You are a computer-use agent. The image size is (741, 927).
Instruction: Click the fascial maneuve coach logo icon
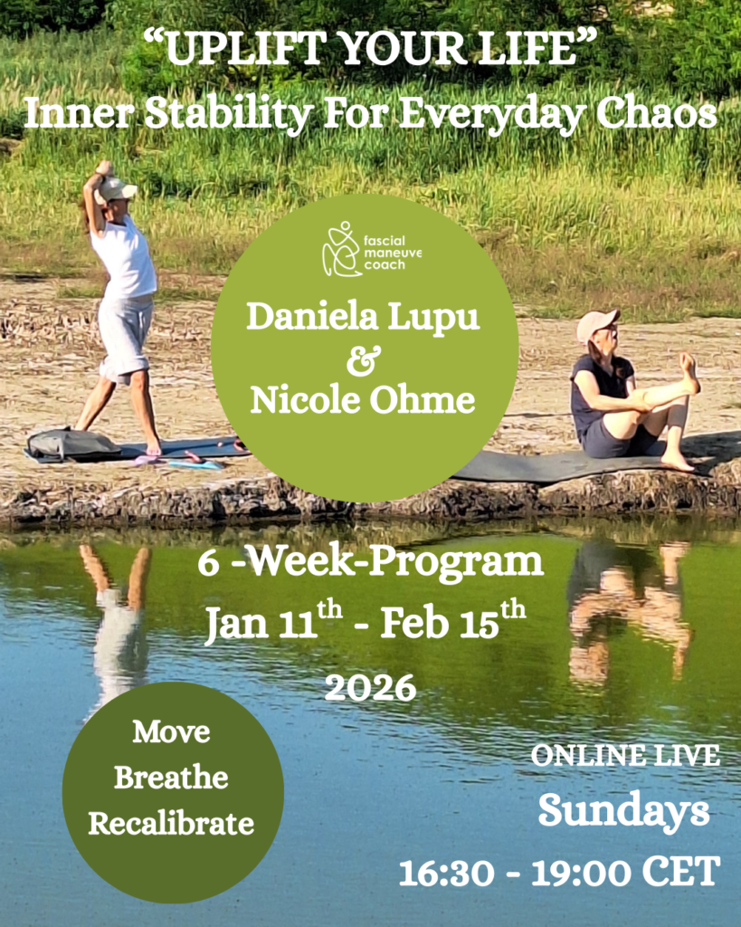(x=341, y=249)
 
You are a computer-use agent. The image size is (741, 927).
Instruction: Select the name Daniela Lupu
(x=363, y=318)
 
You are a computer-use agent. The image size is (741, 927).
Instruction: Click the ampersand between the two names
(x=364, y=360)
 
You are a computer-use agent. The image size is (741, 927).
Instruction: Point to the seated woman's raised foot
(x=689, y=372)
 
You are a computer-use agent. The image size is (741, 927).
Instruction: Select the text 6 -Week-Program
(x=371, y=561)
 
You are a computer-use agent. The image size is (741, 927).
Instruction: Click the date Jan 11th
(x=273, y=623)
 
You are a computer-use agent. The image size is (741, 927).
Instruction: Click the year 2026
(x=371, y=688)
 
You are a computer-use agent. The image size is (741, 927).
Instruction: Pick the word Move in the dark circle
(x=171, y=731)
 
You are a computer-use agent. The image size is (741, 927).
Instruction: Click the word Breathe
(x=171, y=777)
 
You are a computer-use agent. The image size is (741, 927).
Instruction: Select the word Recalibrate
(x=171, y=823)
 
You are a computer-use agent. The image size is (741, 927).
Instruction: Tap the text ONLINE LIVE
(x=625, y=756)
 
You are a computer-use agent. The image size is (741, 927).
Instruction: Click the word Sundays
(x=624, y=811)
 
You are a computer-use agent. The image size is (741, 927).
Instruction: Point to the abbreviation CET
(x=681, y=872)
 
